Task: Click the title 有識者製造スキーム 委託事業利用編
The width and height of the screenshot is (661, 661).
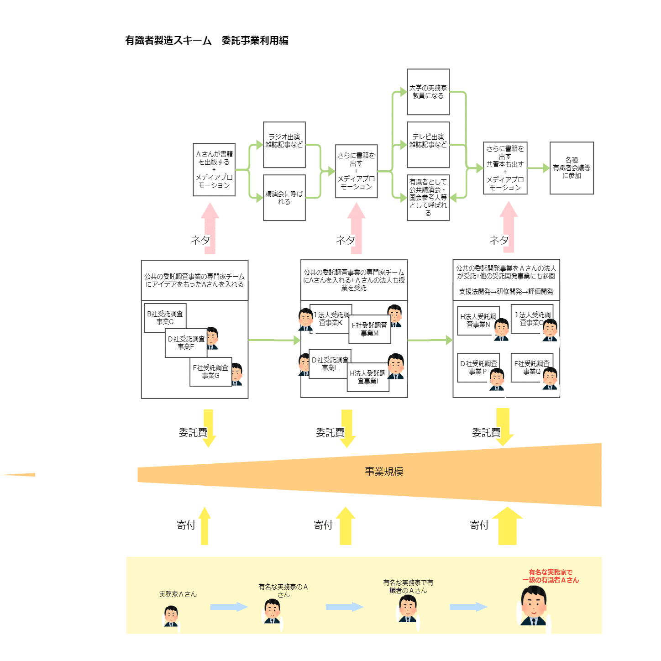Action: (206, 41)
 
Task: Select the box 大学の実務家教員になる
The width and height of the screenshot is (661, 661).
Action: (428, 92)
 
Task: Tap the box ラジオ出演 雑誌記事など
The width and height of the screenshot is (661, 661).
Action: (284, 145)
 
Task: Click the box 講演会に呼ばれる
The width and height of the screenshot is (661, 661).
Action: (284, 198)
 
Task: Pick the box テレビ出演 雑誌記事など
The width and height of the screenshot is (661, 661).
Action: (428, 145)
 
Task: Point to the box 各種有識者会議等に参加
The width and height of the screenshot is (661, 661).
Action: (572, 168)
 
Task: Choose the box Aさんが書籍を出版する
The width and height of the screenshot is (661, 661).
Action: (214, 170)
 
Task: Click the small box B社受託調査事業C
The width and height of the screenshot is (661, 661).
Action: (165, 318)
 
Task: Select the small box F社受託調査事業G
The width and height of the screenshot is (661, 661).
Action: (210, 372)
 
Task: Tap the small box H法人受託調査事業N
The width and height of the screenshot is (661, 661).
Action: (478, 321)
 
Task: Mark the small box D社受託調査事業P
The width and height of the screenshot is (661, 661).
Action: (478, 368)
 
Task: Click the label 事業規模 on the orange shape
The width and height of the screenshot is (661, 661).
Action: (384, 472)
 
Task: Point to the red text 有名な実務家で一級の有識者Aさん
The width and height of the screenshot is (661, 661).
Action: (551, 576)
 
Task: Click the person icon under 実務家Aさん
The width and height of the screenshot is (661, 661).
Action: (171, 616)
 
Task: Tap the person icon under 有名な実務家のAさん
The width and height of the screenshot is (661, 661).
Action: (273, 611)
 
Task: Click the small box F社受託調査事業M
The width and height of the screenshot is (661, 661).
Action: (369, 329)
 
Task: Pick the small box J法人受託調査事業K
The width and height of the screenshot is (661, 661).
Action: (330, 319)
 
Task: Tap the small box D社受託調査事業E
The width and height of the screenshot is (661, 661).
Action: (186, 343)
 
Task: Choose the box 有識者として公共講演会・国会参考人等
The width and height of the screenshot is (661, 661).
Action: (428, 198)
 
